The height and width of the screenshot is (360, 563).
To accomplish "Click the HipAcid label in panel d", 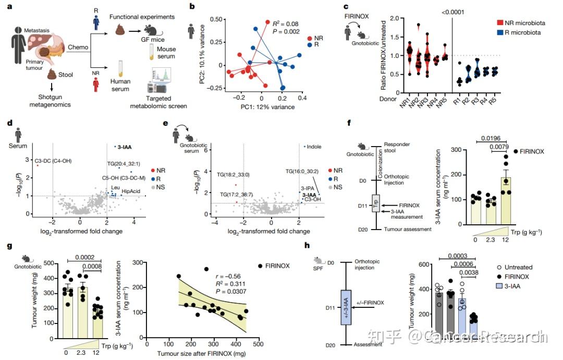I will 130,192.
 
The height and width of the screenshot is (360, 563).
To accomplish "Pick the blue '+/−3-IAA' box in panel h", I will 346,303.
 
